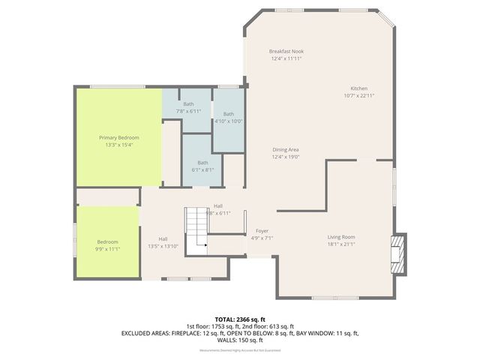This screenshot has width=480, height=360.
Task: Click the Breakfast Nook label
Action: [286, 51]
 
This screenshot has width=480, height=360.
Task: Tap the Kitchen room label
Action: [358, 88]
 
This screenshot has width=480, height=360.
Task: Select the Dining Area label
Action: [286, 150]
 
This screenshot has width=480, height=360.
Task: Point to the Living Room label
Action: [340, 237]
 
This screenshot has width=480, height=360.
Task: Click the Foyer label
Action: [262, 230]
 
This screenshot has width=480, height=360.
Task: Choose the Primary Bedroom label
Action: [119, 137]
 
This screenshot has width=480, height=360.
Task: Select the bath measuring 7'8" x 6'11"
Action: [188, 104]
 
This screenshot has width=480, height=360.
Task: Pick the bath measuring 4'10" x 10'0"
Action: [228, 114]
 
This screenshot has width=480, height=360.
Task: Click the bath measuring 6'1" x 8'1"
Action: [203, 163]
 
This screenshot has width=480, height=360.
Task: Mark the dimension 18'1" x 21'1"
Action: [340, 244]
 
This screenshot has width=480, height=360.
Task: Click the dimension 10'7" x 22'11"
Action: [358, 95]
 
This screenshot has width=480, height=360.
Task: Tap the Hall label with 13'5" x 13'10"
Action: [162, 239]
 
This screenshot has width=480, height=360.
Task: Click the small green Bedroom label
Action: [107, 241]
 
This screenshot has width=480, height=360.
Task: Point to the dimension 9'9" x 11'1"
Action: [107, 249]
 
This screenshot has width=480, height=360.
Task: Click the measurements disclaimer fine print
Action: [239, 351]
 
